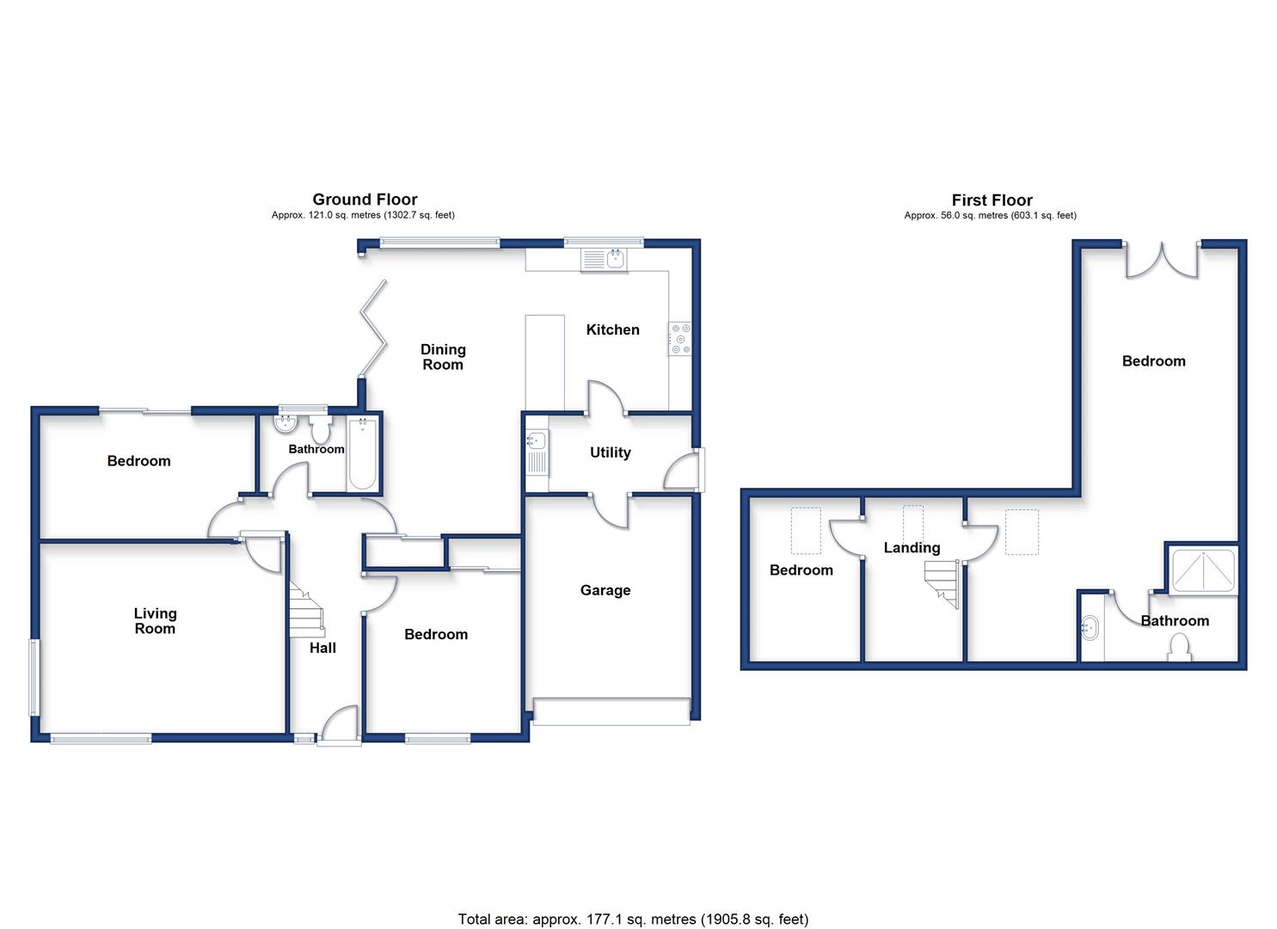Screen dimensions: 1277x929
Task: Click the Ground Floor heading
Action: [365, 200]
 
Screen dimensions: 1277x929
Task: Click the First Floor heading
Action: [992, 200]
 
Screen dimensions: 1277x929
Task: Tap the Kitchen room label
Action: [613, 329]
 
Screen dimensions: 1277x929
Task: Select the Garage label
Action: [605, 590]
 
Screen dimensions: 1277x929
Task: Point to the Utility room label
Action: [610, 452]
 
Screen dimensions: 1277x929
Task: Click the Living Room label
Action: [155, 621]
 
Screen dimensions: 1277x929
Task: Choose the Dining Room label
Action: [443, 357]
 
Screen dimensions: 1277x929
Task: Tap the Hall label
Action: [322, 648]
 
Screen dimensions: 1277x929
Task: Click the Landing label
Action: [912, 548]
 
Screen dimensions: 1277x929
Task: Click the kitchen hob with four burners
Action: [679, 339]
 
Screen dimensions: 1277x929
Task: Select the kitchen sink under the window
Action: [604, 260]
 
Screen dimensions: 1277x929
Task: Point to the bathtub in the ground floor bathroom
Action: [362, 454]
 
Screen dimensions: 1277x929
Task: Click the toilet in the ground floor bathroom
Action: [321, 429]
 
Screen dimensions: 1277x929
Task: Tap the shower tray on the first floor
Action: [1203, 570]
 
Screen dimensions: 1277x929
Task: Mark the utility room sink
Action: [537, 453]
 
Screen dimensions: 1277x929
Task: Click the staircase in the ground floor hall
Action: [306, 609]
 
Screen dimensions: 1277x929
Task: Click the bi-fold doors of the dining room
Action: [373, 329]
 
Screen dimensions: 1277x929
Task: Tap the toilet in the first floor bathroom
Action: [1179, 649]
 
